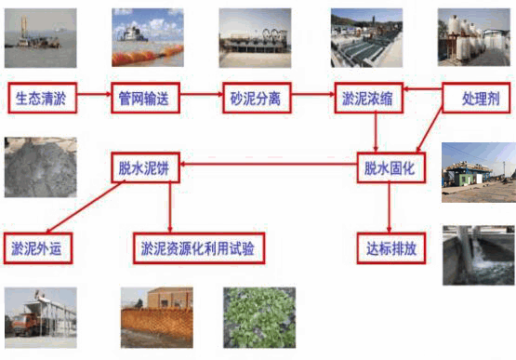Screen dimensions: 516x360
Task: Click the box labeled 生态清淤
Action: (41, 97)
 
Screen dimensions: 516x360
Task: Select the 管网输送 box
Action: (145, 97)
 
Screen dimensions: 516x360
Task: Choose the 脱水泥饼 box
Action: (144, 168)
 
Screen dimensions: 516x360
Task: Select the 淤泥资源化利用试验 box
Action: (198, 248)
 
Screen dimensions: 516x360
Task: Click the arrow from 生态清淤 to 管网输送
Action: (92, 97)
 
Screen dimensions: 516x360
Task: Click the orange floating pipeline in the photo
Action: (149, 56)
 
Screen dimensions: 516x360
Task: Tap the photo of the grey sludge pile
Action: (40, 167)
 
